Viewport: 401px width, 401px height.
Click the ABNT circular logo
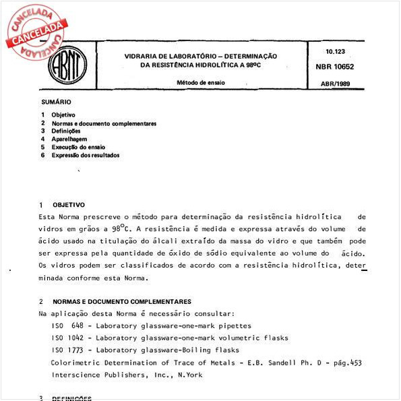tap(67, 65)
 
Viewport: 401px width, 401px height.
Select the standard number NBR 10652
tap(339, 67)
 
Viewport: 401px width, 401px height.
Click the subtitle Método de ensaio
tap(201, 82)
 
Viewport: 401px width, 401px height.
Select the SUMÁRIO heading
tap(55, 102)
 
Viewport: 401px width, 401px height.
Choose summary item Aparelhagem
tap(69, 139)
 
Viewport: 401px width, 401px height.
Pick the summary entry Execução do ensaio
tap(78, 147)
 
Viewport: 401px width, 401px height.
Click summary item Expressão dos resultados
tap(85, 155)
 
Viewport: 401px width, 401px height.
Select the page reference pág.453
tap(346, 362)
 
